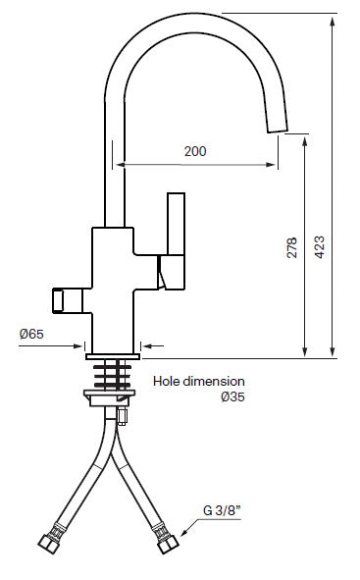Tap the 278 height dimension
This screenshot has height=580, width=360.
(x=291, y=248)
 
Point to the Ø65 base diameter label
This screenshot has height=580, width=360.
(x=31, y=334)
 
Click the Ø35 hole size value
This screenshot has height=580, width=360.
(x=231, y=396)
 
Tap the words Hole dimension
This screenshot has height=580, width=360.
(x=199, y=381)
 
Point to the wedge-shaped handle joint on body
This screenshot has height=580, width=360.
(x=166, y=279)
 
